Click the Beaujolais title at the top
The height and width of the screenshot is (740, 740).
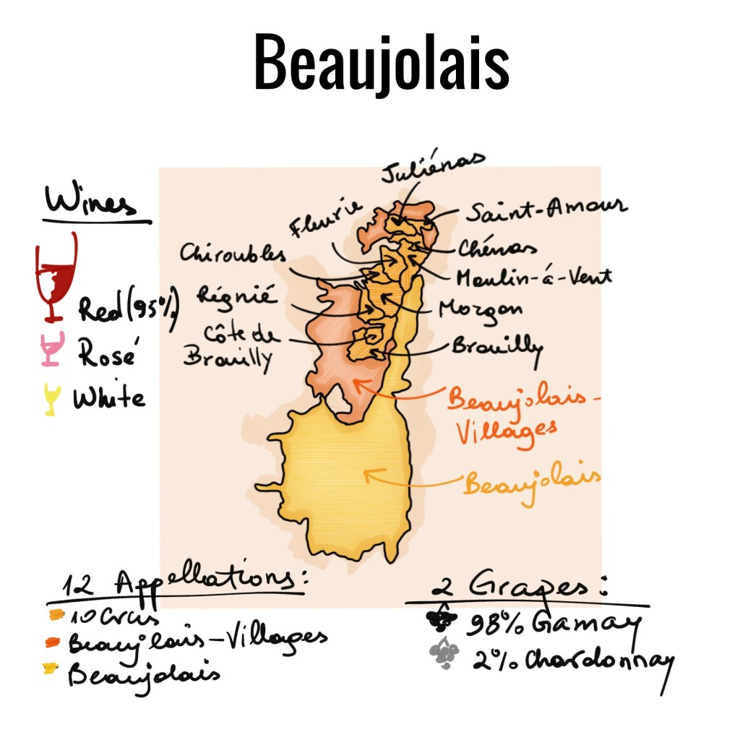click(381, 63)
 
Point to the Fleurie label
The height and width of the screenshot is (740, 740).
click(325, 218)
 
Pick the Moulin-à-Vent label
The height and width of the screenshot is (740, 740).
click(534, 276)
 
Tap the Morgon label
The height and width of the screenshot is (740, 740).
click(481, 309)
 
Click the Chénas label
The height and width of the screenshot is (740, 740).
click(497, 248)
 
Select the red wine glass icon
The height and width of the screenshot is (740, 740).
click(56, 277)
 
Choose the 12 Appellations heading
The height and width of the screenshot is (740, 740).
click(178, 583)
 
